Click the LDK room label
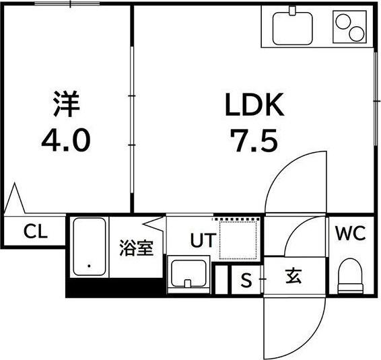coord(254,105)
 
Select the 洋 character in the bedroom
coord(67,104)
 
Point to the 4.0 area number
coord(66,140)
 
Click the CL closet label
coord(36,231)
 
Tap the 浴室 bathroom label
coord(136,248)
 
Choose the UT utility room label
coord(203,240)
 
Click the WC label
coord(351,233)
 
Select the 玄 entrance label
coord(294,276)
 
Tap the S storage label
coord(246,280)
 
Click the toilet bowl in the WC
coord(350,276)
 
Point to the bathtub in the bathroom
coord(89,246)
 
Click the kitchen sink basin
coord(292,28)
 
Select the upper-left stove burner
coord(343,22)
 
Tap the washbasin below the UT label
coord(188,274)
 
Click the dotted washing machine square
coord(238,240)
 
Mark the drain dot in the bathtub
coord(89,266)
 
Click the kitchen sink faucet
coord(292,11)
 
